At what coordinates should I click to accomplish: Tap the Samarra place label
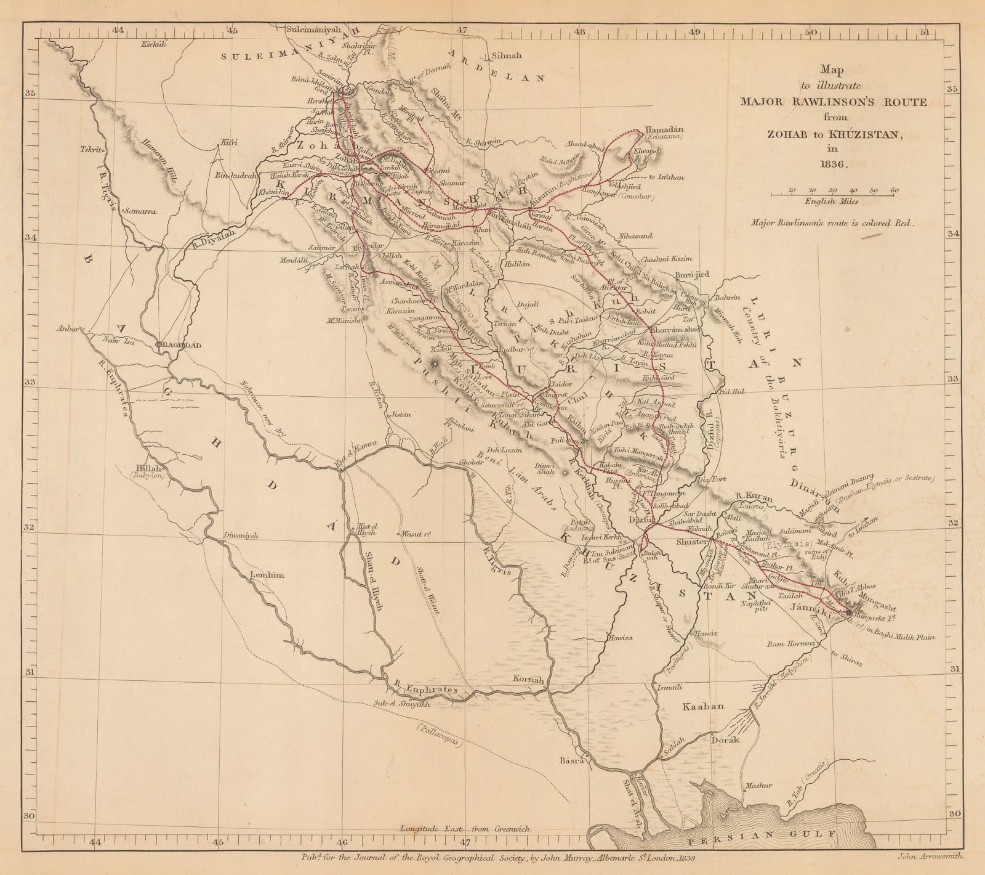coord(143,211)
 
